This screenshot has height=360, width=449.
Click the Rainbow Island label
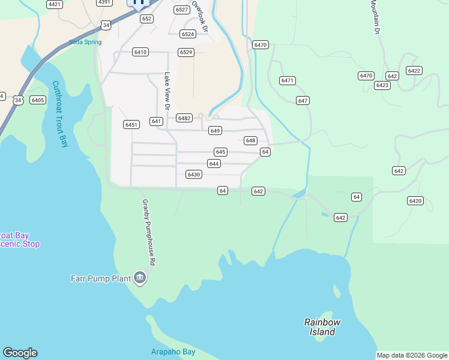(x=322, y=327)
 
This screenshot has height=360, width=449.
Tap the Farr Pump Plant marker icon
(x=140, y=277)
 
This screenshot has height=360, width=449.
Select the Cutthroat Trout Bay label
(x=60, y=114)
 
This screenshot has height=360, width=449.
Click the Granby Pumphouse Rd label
(x=148, y=232)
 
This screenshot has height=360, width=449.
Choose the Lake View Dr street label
(x=168, y=91)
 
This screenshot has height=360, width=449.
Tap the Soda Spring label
(x=85, y=42)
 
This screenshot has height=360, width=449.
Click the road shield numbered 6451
(x=131, y=125)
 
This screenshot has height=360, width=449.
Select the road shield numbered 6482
(x=184, y=118)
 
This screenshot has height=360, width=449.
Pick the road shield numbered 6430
(x=193, y=175)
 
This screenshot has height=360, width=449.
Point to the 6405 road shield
(x=38, y=100)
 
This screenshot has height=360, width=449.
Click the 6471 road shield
(x=288, y=80)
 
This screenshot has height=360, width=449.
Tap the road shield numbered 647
(x=303, y=100)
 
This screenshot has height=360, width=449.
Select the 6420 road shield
(x=415, y=200)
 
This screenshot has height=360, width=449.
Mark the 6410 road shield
(x=140, y=52)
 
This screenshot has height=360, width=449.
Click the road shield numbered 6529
(x=186, y=52)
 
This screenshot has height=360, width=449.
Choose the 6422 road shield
(x=414, y=70)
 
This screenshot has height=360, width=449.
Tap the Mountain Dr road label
(x=376, y=16)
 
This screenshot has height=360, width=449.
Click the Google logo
(x=20, y=353)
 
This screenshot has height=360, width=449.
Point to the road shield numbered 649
(x=215, y=130)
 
